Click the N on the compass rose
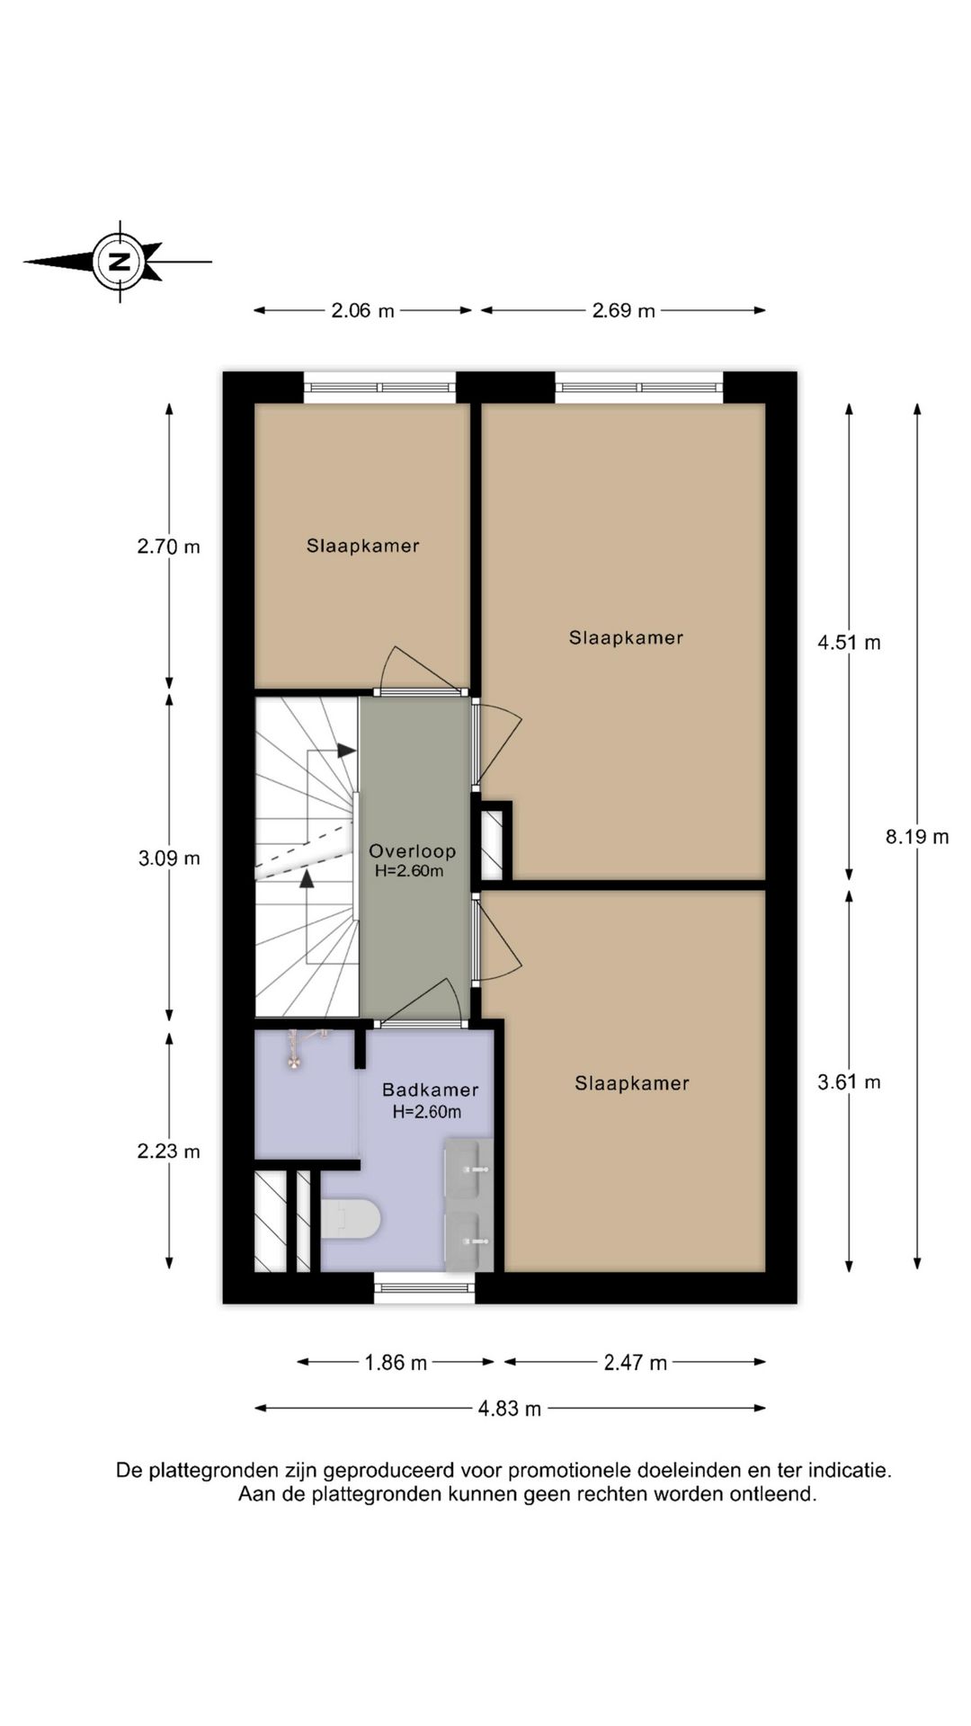click(119, 262)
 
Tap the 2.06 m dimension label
click(362, 311)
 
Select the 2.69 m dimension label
click(623, 311)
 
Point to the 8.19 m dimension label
click(916, 837)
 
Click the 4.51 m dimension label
click(849, 643)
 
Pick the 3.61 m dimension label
click(849, 1082)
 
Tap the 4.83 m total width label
click(509, 1409)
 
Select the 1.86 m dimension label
click(396, 1363)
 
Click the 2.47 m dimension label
click(635, 1363)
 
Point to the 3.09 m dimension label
click(169, 859)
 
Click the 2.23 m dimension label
click(169, 1152)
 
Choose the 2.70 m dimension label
click(169, 547)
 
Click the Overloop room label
click(412, 850)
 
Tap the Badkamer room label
click(430, 1090)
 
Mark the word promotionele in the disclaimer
click(570, 1472)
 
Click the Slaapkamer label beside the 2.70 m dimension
click(362, 546)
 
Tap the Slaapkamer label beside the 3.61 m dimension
click(631, 1083)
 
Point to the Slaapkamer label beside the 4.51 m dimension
click(626, 637)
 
